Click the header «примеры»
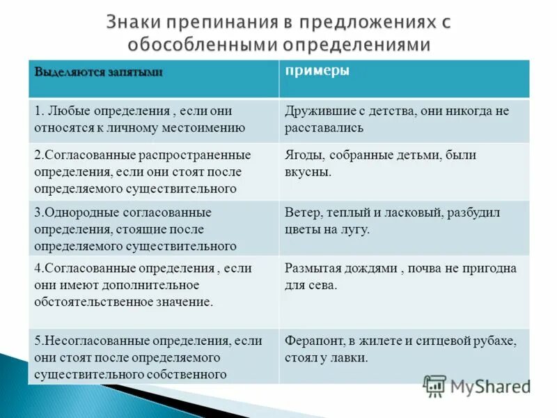317,72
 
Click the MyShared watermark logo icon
434,385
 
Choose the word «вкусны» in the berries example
308,171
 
